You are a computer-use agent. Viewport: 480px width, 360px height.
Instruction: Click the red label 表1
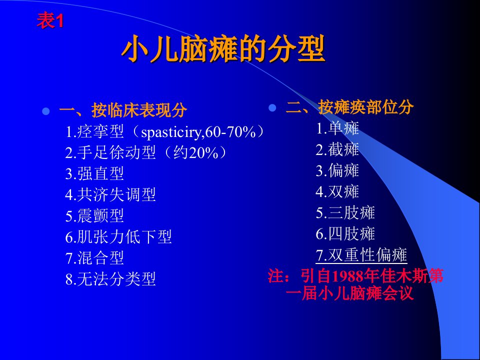[50, 21]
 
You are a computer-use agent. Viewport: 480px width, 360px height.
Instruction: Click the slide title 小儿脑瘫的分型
[223, 49]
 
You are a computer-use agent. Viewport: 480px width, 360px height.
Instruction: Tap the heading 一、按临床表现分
[123, 110]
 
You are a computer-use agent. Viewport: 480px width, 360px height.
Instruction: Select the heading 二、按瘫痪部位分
[349, 107]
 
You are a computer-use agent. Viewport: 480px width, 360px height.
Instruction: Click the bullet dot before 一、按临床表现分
[45, 111]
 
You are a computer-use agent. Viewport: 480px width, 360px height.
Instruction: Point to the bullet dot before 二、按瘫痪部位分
[272, 108]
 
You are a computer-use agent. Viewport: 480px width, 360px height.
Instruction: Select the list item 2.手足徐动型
[110, 152]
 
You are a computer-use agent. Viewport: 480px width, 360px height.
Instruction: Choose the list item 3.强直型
[94, 173]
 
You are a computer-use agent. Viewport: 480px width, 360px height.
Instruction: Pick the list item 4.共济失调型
[110, 194]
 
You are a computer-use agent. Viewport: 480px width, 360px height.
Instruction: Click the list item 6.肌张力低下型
[118, 237]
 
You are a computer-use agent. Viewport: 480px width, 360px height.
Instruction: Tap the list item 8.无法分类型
[110, 279]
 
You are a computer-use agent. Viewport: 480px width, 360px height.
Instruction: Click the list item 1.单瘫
[337, 128]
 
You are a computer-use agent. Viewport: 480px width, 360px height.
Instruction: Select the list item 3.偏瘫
[337, 170]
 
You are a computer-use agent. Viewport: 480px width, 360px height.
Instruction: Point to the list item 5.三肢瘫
[345, 213]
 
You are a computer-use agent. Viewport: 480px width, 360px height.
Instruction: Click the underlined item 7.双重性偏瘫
[361, 255]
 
